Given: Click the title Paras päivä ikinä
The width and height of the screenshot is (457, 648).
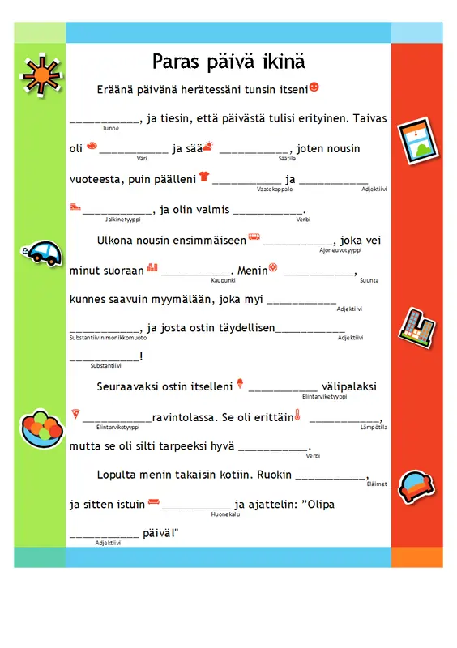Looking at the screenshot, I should (228, 62).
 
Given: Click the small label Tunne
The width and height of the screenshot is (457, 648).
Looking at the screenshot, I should (111, 128).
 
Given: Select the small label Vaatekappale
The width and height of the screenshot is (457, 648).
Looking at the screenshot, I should (275, 189).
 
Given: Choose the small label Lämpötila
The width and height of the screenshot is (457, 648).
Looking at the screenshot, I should (374, 427).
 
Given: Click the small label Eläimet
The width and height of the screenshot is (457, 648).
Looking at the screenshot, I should (376, 484).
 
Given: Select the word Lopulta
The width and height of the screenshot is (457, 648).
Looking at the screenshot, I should (117, 475).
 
